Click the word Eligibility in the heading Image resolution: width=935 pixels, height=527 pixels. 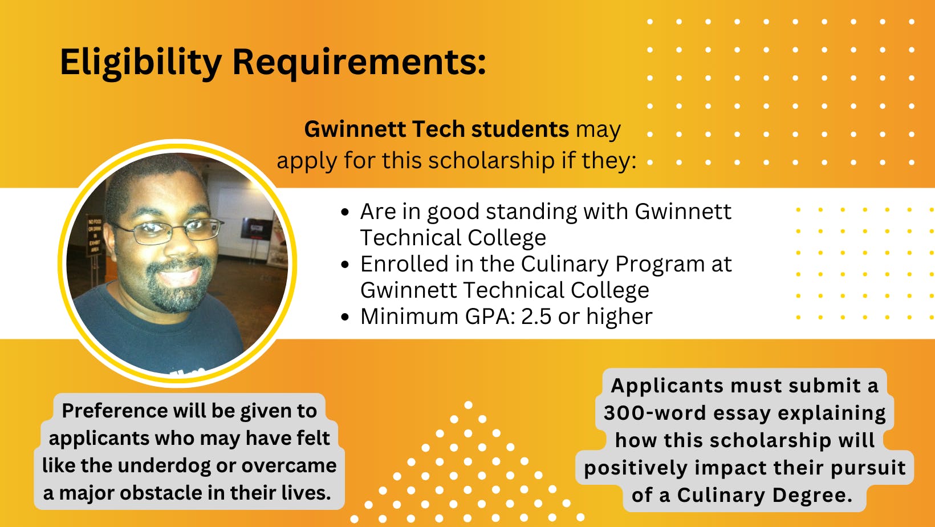pos(141,63)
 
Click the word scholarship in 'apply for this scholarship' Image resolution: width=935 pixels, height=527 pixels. pos(489,160)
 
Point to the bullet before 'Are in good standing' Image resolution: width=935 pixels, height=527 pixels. pos(345,212)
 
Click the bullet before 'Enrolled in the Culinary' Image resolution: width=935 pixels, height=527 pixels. pos(345,264)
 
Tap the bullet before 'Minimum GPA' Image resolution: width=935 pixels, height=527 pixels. pos(345,317)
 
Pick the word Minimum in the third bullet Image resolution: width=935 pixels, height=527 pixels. pos(409,317)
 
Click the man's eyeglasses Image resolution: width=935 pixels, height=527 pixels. pos(168,231)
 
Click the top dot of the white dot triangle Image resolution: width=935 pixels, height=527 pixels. pos(468,405)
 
